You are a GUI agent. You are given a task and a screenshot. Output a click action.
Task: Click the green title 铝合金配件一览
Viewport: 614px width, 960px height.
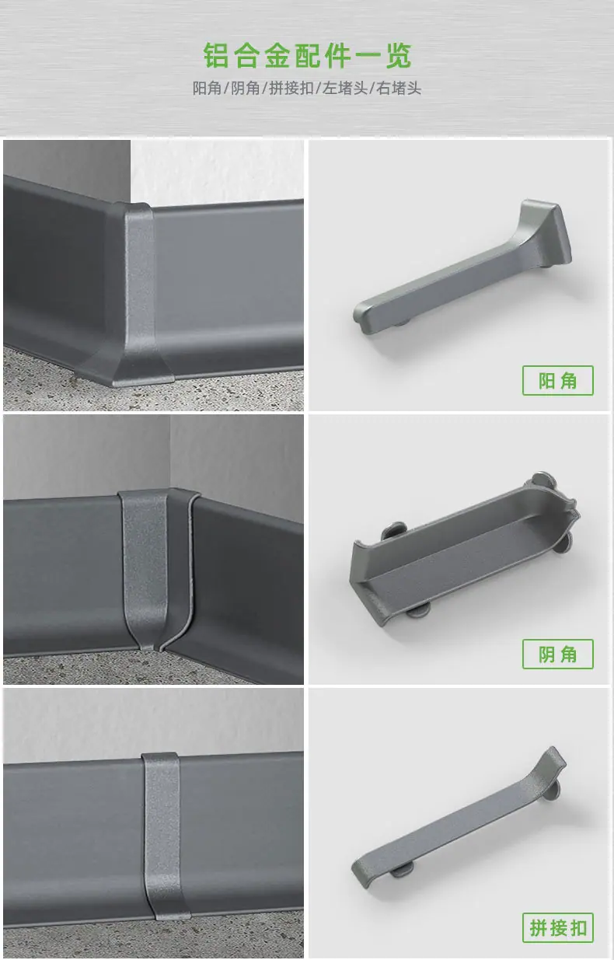[307, 55]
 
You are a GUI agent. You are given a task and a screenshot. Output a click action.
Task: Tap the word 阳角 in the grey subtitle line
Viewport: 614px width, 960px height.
[207, 89]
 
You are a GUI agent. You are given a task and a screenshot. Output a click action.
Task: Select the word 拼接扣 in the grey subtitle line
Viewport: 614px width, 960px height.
[291, 89]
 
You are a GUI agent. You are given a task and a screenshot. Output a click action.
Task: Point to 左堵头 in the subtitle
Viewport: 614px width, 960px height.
[345, 89]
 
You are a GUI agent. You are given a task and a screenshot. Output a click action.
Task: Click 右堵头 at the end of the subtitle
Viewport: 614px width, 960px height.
[399, 89]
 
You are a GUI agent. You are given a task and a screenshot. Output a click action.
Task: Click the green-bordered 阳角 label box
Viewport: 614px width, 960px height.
[558, 381]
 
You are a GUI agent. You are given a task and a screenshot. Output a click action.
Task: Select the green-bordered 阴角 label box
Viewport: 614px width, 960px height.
[558, 654]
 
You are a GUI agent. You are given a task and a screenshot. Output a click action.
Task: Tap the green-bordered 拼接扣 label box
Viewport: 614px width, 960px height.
[558, 928]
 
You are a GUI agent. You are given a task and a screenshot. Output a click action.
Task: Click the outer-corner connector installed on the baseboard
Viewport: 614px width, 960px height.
[138, 295]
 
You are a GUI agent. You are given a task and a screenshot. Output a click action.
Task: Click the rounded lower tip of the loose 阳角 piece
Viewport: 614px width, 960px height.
[363, 317]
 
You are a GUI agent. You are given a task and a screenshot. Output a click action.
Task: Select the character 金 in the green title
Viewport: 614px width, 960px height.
[277, 55]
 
